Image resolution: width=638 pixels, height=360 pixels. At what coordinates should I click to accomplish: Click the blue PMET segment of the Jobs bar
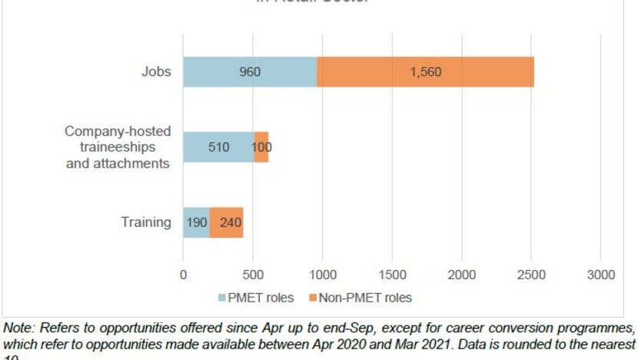(250, 72)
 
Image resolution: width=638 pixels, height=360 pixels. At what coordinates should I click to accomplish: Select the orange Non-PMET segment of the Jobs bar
(425, 72)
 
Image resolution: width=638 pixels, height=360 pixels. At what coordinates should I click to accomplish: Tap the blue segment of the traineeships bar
(218, 147)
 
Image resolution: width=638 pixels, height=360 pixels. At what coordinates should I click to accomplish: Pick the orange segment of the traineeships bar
(261, 147)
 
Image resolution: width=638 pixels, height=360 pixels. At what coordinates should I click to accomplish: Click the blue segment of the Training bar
(196, 222)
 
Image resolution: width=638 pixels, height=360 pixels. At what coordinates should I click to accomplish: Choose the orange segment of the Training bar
(227, 222)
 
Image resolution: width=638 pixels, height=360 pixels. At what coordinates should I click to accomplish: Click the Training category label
(145, 222)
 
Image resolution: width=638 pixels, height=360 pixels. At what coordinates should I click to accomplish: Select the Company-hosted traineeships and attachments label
(117, 146)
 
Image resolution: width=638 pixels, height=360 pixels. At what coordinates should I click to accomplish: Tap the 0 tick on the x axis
(183, 274)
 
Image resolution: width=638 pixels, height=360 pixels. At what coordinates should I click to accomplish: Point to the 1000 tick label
(322, 274)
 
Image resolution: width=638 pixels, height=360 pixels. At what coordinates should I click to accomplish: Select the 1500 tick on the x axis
(392, 274)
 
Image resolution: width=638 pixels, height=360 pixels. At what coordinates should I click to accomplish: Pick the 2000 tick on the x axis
(462, 274)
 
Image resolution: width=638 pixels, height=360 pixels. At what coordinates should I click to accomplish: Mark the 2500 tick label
(532, 274)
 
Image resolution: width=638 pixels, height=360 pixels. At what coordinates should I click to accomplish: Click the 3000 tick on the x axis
(601, 274)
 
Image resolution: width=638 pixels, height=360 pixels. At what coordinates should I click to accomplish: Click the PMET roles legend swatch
(223, 298)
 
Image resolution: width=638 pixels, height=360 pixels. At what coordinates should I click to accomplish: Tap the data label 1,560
(425, 72)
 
